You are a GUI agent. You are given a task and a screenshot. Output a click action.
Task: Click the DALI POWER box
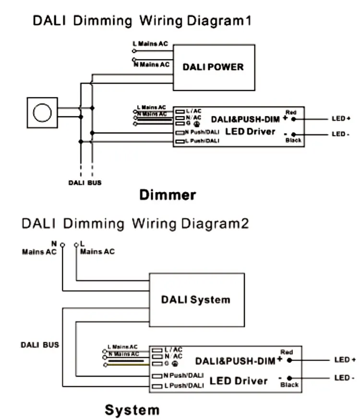pyautogui.click(x=213, y=67)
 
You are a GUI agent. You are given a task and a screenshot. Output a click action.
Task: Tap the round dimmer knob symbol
pyautogui.click(x=42, y=113)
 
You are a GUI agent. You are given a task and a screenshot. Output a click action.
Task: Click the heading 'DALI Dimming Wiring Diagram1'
pyautogui.click(x=142, y=21)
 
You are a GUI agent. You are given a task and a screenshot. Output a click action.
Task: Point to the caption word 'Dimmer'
pyautogui.click(x=168, y=195)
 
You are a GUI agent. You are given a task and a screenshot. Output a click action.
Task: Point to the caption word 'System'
pyautogui.click(x=132, y=410)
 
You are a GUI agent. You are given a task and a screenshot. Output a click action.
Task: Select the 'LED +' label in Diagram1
pyautogui.click(x=341, y=119)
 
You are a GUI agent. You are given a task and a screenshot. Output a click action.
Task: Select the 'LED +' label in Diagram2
pyautogui.click(x=345, y=360)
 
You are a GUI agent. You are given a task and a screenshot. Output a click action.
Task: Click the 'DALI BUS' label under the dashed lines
pyautogui.click(x=84, y=183)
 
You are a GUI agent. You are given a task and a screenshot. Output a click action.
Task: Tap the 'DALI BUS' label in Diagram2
pyautogui.click(x=40, y=345)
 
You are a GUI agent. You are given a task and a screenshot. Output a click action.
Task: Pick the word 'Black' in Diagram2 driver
pyautogui.click(x=289, y=384)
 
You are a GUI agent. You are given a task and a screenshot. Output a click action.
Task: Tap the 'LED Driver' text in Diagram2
pyautogui.click(x=239, y=381)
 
